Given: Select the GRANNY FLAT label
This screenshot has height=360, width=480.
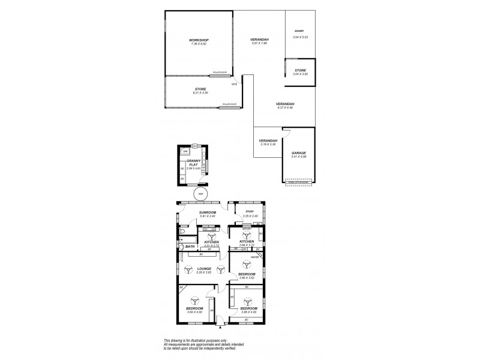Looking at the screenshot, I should pyautogui.click(x=193, y=163).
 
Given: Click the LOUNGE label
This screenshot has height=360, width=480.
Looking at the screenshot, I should pyautogui.click(x=203, y=268).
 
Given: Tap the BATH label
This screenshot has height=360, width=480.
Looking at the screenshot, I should pyautogui.click(x=190, y=247).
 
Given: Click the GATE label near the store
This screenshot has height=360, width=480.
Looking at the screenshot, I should pyautogui.click(x=235, y=85).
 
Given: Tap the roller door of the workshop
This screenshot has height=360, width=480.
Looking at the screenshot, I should pyautogui.click(x=218, y=75).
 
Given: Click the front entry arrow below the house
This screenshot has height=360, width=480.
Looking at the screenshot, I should pyautogui.click(x=221, y=326).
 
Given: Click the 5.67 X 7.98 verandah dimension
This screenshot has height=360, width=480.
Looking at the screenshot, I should pyautogui.click(x=259, y=44).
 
